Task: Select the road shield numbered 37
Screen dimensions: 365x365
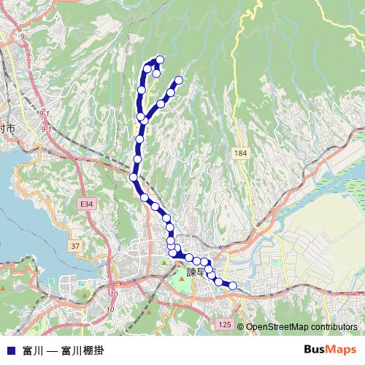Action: click(76, 246)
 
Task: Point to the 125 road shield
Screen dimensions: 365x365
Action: click(224, 323)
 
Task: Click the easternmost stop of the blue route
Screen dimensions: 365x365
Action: click(233, 286)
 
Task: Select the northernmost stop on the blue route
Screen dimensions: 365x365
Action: click(160, 59)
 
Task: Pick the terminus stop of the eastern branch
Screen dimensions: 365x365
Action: click(178, 80)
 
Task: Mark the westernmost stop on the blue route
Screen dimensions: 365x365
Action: click(134, 177)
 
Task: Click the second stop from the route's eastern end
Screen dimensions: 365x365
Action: click(218, 281)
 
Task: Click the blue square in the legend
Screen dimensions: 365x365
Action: click(10, 349)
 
